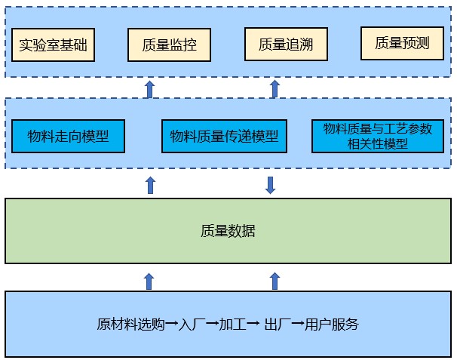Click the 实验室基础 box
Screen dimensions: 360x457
[54, 45]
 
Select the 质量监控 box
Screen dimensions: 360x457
[169, 45]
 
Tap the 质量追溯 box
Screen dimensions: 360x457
[286, 45]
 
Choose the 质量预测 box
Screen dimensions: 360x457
[402, 44]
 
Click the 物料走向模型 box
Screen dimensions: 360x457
[67, 137]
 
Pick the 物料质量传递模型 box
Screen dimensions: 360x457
[224, 137]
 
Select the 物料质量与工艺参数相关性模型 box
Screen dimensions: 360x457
[378, 136]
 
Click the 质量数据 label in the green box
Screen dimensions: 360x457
[228, 231]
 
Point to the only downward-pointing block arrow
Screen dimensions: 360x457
[271, 185]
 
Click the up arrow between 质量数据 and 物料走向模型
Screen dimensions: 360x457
[150, 185]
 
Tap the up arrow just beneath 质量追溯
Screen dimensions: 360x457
[275, 89]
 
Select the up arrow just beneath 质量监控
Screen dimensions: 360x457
[149, 89]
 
